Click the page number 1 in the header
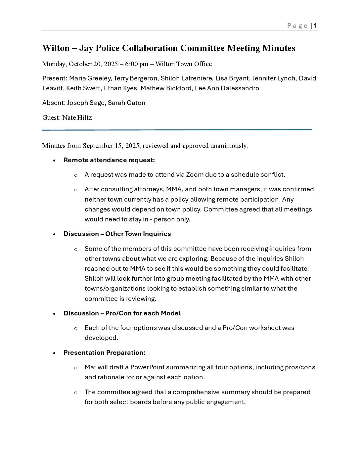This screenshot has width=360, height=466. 316,25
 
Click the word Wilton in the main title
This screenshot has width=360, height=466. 56,48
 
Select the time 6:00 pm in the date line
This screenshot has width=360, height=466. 137,64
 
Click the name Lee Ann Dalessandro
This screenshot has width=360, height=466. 227,88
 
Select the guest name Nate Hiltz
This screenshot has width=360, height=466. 77,118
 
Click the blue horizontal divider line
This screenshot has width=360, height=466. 177,130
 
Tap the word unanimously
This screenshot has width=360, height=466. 229,146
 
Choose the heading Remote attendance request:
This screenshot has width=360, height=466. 109,160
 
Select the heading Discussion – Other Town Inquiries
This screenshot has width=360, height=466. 117,234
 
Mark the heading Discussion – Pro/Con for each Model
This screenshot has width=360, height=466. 122,313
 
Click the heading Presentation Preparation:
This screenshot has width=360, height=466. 105,353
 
